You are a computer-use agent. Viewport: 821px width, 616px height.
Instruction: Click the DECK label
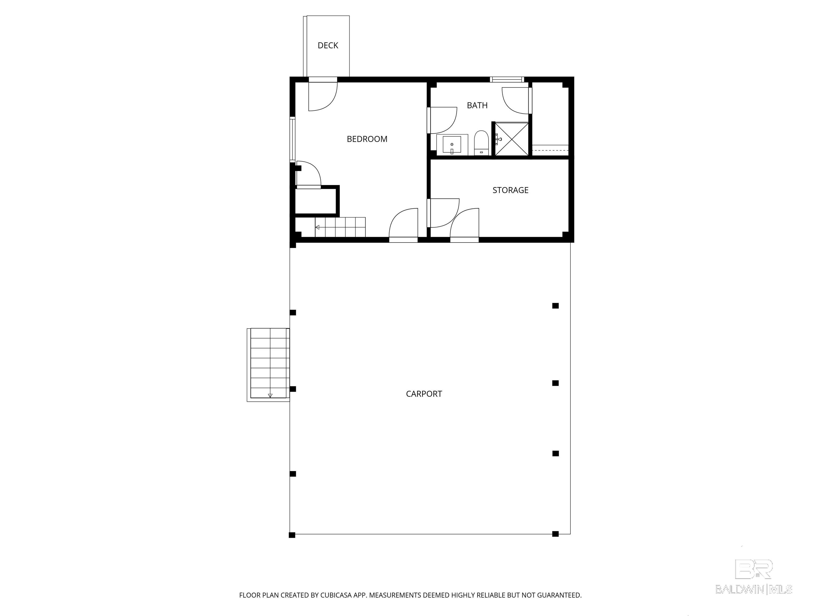[x=328, y=45]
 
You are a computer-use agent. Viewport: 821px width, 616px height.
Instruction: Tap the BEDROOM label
[x=367, y=139]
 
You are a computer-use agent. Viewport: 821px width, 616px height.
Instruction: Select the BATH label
[x=477, y=105]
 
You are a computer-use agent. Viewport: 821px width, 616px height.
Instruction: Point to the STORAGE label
[x=510, y=190]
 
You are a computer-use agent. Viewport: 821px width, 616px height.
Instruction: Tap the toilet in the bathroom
[x=481, y=143]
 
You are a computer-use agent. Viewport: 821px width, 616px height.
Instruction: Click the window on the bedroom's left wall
[x=292, y=139]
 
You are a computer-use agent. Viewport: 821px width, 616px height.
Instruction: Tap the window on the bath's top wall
[x=507, y=79]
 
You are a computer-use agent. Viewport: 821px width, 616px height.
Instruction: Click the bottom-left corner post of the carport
[x=292, y=535]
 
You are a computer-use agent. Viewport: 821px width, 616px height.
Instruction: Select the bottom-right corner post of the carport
[x=555, y=534]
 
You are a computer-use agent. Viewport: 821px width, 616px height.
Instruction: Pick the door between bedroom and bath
[x=442, y=120]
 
